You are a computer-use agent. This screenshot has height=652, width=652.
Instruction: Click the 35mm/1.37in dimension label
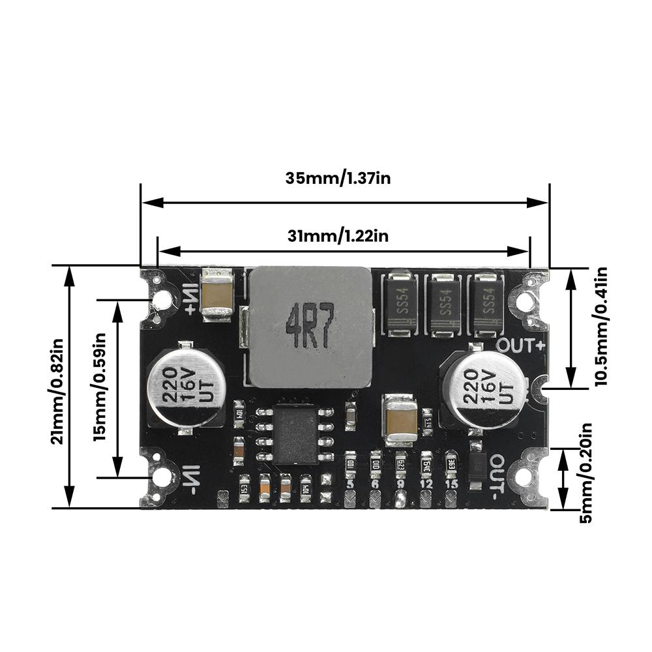[338, 178]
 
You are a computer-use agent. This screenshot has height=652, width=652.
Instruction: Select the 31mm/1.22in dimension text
[338, 236]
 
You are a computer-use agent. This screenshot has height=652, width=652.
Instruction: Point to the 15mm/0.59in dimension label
[100, 387]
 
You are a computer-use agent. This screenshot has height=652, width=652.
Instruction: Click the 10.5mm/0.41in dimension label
[600, 326]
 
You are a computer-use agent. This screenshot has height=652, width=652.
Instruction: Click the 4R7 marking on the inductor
[310, 326]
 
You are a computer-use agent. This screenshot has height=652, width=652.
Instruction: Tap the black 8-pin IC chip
[297, 434]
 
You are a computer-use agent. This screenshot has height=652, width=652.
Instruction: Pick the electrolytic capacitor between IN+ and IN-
[185, 387]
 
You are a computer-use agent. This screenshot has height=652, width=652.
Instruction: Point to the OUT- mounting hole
[524, 478]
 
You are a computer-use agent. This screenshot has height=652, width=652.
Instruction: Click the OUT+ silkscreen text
[520, 344]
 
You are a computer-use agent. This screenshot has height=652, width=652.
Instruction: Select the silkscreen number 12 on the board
[426, 484]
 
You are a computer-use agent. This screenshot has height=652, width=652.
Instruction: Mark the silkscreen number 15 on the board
[451, 484]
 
